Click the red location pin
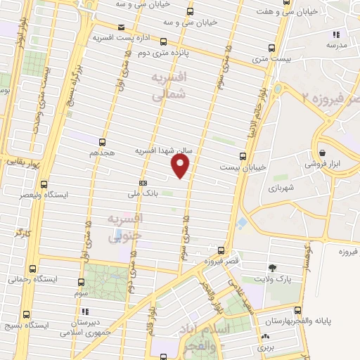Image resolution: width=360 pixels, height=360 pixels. coord(181,165)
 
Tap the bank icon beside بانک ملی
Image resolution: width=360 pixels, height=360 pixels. coord(143,181)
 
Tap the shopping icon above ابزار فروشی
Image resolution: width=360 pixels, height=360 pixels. coord(322,153)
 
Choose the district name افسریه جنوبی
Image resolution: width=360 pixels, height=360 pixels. coord(125,227)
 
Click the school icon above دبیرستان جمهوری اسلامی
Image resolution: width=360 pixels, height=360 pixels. coord(85,311)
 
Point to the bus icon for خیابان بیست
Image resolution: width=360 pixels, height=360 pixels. coord(243,156)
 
